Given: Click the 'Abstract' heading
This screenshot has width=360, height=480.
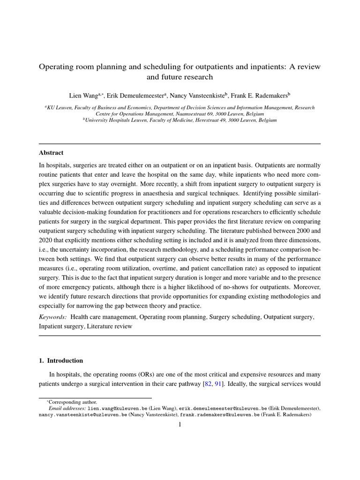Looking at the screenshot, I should pyautogui.click(x=51, y=153).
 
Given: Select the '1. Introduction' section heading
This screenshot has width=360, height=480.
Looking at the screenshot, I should pyautogui.click(x=61, y=360).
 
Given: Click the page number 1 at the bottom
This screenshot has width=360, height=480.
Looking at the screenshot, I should pyautogui.click(x=180, y=425).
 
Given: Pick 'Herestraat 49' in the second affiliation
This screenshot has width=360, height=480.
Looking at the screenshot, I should pyautogui.click(x=204, y=120).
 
